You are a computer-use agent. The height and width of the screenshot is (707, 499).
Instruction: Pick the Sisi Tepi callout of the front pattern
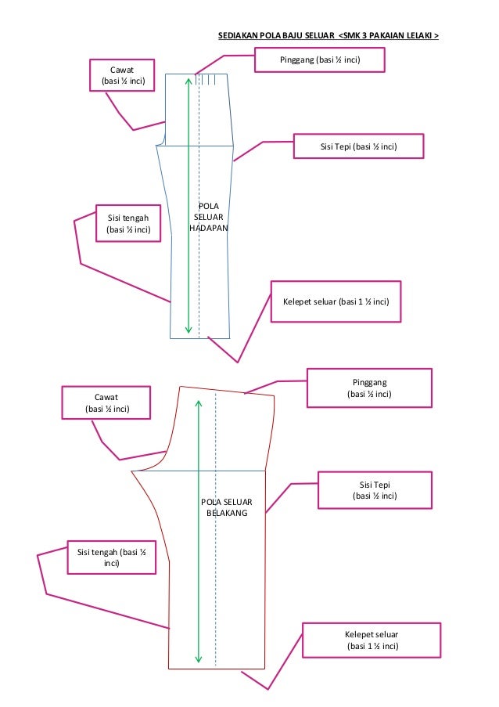tap(359, 146)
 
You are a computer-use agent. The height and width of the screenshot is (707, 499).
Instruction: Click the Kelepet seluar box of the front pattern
tap(336, 301)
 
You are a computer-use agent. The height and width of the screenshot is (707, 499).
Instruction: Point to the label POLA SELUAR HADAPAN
tap(208, 216)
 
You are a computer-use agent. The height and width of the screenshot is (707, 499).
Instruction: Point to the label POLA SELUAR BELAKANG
tap(226, 507)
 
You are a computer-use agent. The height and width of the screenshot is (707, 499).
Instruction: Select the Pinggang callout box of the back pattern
tap(368, 388)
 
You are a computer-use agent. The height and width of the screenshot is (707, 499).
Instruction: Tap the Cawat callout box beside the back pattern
tap(106, 402)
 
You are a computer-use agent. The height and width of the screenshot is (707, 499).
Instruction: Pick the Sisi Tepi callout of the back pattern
tap(375, 490)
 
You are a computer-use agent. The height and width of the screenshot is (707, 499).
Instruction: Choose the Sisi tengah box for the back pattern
tap(111, 557)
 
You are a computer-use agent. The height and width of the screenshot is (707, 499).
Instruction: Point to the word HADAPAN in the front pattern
tap(208, 227)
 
